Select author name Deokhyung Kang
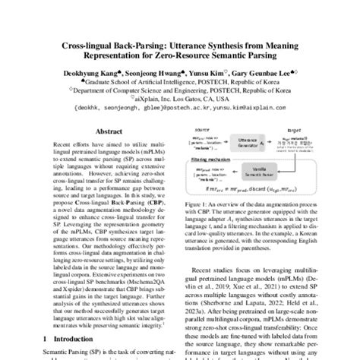(x=93, y=74)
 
